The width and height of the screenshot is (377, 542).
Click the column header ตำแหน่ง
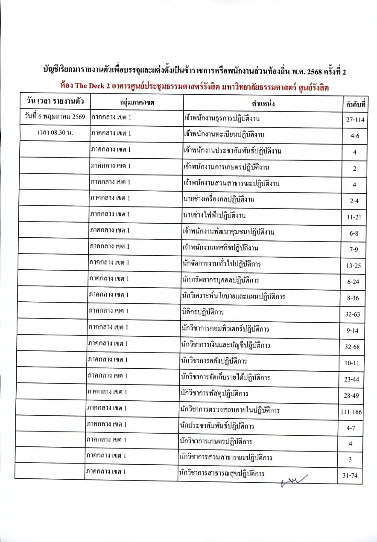263,103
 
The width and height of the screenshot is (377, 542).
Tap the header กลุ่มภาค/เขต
137,103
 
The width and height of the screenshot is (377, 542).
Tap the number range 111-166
351,411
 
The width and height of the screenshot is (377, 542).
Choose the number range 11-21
354,217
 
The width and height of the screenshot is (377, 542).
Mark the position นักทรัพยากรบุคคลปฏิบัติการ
219,280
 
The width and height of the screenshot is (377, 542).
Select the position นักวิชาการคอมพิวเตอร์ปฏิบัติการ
225,329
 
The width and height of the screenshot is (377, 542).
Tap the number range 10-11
352,363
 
